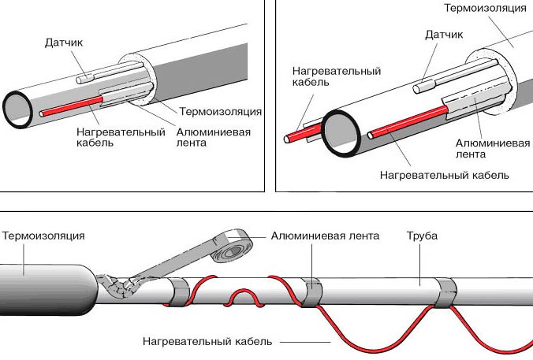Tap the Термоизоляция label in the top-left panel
(220, 111)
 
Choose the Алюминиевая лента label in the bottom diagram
(325, 236)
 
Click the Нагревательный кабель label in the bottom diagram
(208, 342)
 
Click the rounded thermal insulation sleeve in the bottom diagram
(47, 280)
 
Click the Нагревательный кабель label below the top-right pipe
(444, 174)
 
